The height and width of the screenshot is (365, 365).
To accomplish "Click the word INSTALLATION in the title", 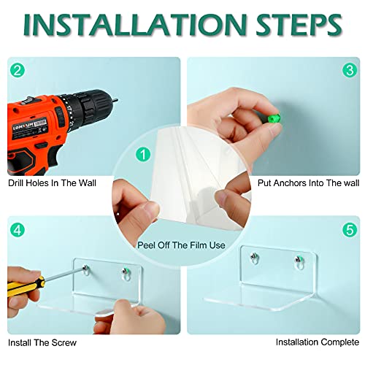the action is coord(135,26).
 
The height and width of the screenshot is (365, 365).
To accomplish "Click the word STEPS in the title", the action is coord(299,26).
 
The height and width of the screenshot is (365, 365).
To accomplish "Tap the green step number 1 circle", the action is coord(143,154).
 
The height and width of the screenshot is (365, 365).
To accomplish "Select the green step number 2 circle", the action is coord(18,70).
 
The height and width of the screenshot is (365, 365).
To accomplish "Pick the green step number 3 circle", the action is coord(350,70).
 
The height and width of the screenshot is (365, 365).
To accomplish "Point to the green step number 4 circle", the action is coord(18,230).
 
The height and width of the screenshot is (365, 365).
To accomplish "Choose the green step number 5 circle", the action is coord(350,230).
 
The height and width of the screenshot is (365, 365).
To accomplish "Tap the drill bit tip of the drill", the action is coord(117,100).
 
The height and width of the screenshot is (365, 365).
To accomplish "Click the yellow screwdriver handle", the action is coord(25,285).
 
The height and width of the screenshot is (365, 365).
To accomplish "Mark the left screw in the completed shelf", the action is coord(254,256).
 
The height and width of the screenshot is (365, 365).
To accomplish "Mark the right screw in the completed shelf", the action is coord(299,259).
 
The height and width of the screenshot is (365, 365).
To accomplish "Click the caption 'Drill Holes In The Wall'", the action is coord(52,183).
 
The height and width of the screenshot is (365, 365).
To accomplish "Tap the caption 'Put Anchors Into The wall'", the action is coord(308,183).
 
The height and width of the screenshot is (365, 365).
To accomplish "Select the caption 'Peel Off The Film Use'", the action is coord(181,245).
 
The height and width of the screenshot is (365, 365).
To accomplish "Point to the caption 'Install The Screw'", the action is coord(42,342).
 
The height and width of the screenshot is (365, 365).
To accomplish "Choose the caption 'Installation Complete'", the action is coord(318,342).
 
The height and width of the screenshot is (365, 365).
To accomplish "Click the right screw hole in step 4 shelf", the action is coord(126,274).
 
